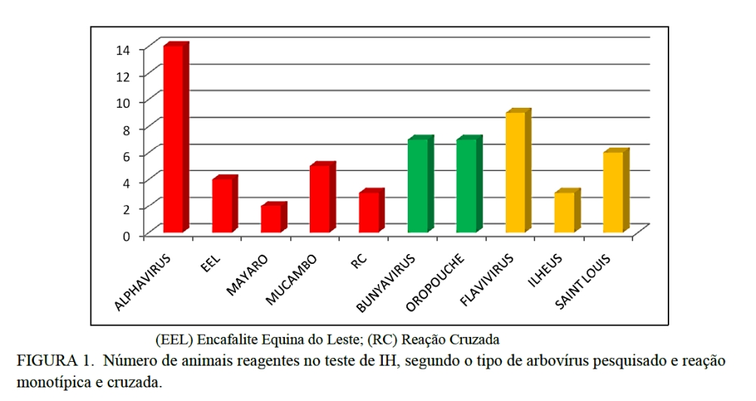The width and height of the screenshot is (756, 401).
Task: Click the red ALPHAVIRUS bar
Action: pyautogui.click(x=173, y=139)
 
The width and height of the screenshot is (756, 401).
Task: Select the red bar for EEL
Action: pyautogui.click(x=222, y=205)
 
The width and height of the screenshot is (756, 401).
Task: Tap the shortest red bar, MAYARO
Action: pyautogui.click(x=271, y=219)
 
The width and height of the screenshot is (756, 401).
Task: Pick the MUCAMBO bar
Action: pyautogui.click(x=320, y=199)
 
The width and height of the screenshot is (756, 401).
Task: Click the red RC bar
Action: pyautogui.click(x=369, y=212)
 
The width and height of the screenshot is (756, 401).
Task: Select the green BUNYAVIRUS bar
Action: pyautogui.click(x=418, y=185)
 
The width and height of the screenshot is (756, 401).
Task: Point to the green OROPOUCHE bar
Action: pyautogui.click(x=467, y=185)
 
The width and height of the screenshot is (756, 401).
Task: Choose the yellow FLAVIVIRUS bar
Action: pyautogui.click(x=516, y=173)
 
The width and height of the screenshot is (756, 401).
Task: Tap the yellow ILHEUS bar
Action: pyautogui.click(x=564, y=212)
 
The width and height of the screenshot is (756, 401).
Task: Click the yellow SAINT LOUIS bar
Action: pyautogui.click(x=613, y=192)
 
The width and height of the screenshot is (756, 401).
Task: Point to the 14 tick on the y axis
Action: pyautogui.click(x=123, y=50)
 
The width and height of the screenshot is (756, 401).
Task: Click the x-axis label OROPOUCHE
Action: pyautogui.click(x=438, y=283)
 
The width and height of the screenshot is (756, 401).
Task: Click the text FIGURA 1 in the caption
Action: pyautogui.click(x=49, y=360)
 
